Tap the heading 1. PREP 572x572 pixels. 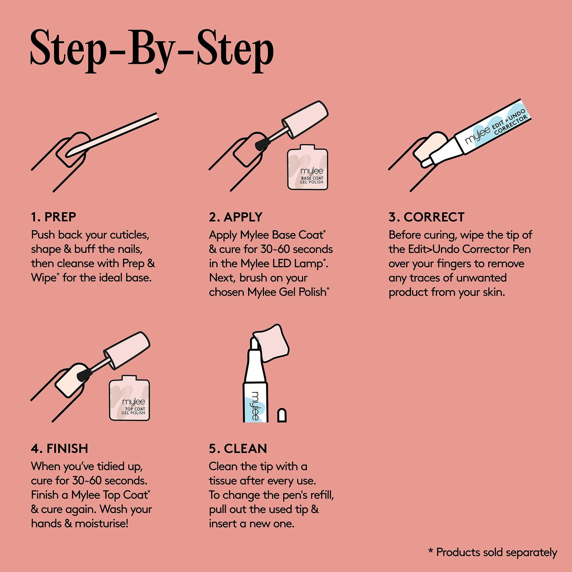click(x=53, y=217)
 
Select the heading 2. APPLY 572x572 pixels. click(x=236, y=217)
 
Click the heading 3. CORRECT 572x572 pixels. click(x=426, y=217)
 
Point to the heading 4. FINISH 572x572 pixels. click(x=59, y=448)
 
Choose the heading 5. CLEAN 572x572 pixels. click(x=238, y=448)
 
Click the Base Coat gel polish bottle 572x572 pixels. click(x=308, y=167)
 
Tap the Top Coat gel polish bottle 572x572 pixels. click(x=129, y=398)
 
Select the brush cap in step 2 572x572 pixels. click(x=305, y=119)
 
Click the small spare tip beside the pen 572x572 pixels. click(x=282, y=415)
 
